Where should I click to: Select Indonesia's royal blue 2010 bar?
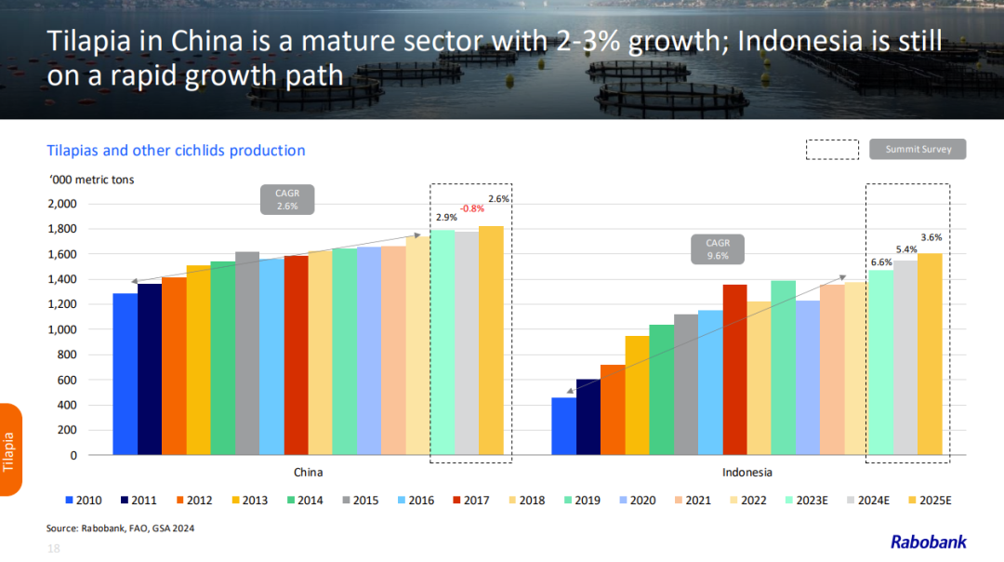point(563,426)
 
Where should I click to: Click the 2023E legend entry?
point(805,501)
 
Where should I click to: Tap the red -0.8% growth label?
point(472,208)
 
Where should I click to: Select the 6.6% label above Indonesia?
point(881,262)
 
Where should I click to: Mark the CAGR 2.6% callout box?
point(286,200)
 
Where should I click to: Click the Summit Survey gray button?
point(918,149)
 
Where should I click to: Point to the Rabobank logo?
point(928,542)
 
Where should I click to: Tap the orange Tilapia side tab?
point(10,450)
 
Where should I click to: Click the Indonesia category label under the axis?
point(746,472)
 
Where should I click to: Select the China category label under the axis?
point(308,472)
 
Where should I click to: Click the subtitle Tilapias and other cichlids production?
point(176,150)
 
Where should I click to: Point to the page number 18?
point(54,550)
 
